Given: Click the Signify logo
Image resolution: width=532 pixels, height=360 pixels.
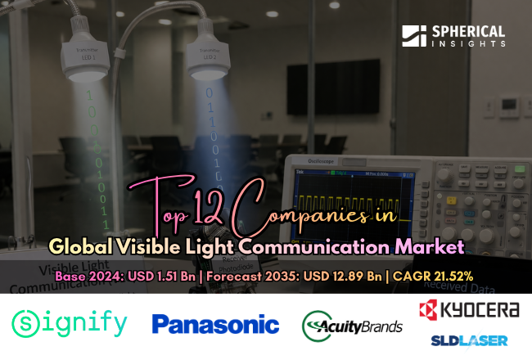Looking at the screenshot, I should (70, 324).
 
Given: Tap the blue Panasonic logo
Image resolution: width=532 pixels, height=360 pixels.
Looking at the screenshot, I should (215, 325).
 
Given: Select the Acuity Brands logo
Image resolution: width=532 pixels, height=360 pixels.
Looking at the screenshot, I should (352, 324).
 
